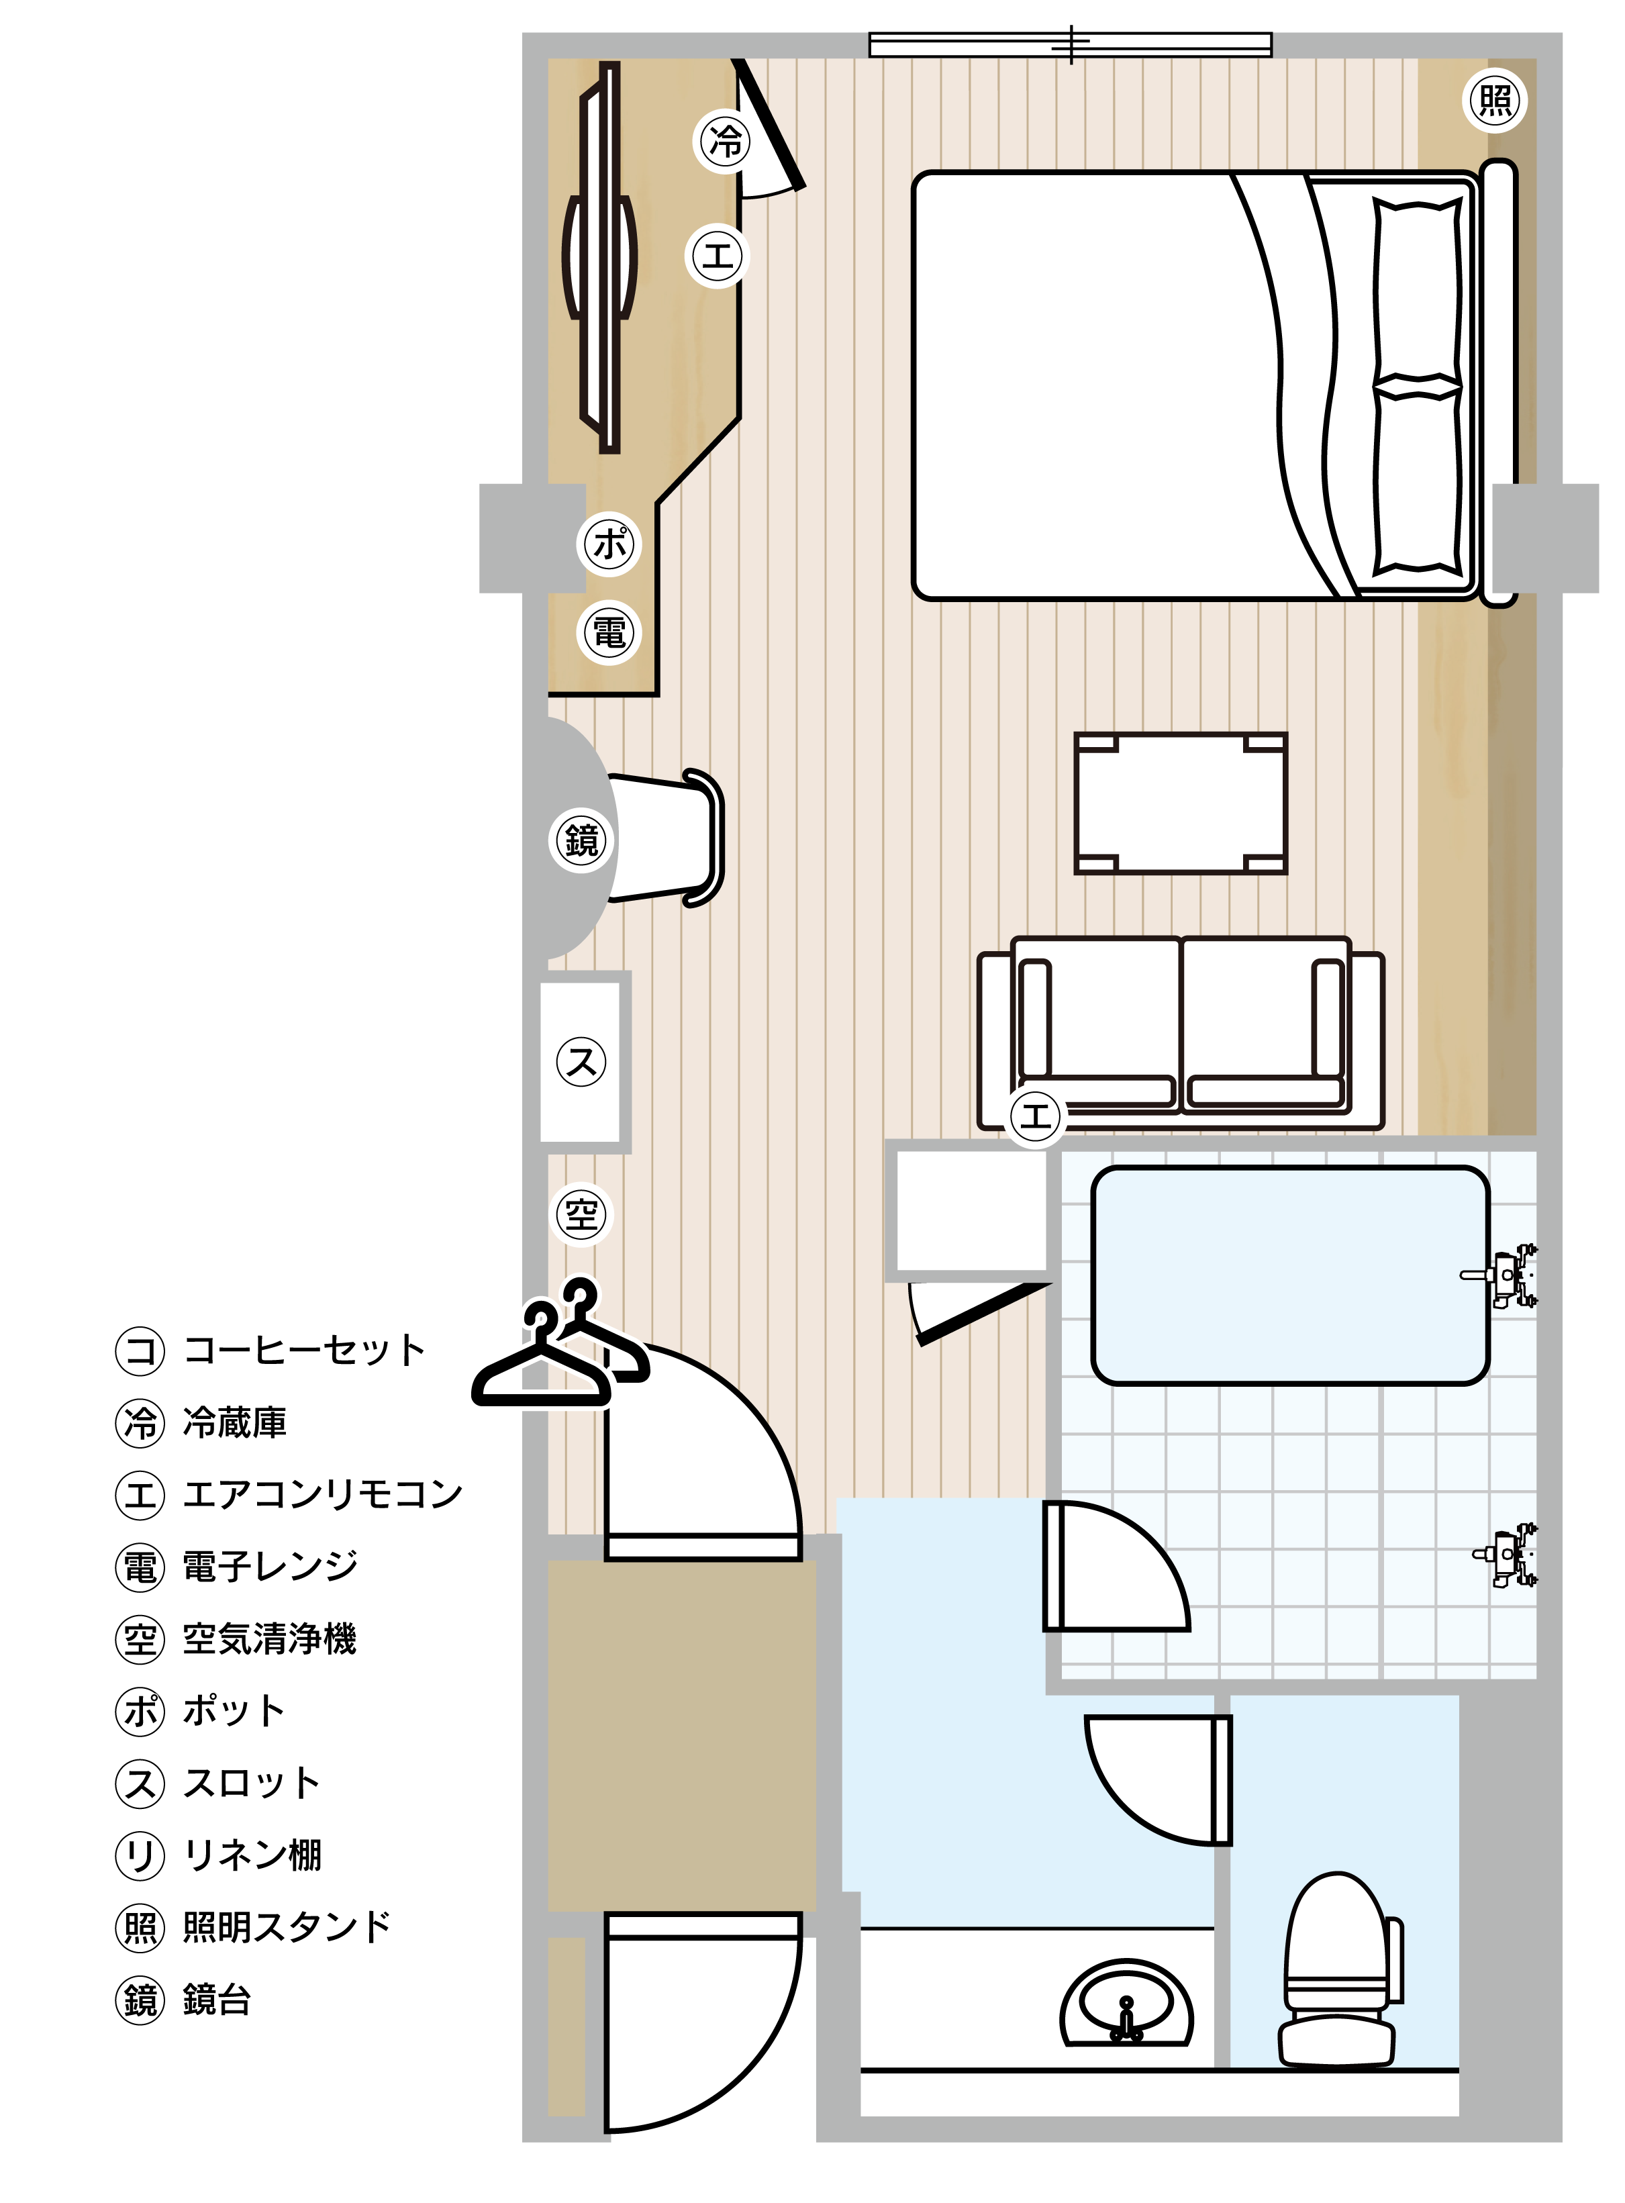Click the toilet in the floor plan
tap(1340, 1972)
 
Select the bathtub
tap(1291, 1275)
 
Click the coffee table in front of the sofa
tap(1181, 803)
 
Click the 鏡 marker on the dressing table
tap(581, 840)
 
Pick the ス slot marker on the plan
tap(581, 1062)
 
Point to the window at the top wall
tap(1070, 44)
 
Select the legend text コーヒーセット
tap(305, 1351)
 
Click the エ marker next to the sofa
tap(1036, 1116)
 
